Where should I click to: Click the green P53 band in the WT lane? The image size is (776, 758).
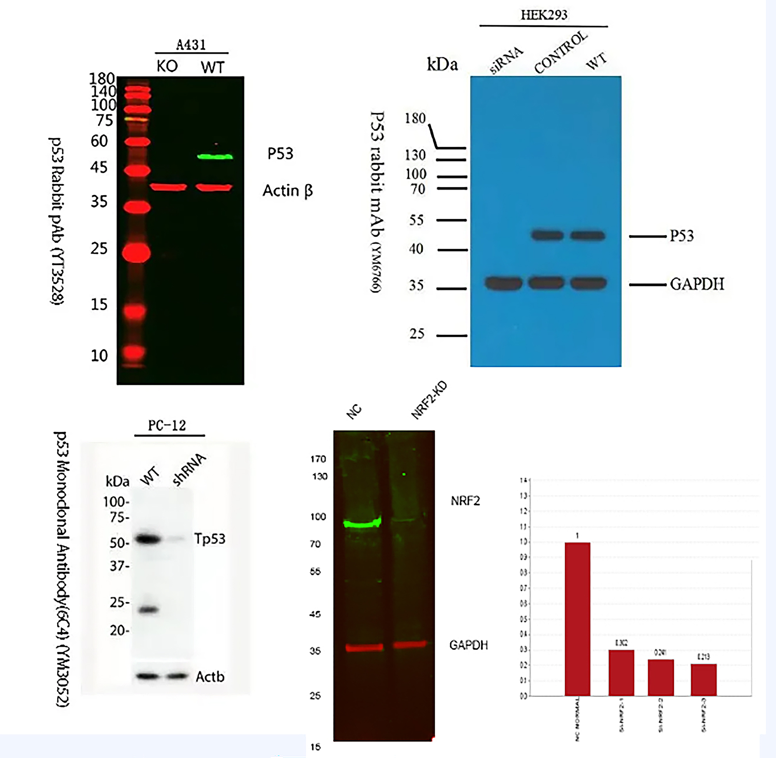[x=215, y=156]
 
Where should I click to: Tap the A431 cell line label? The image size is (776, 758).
[x=191, y=45]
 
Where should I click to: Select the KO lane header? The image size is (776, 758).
[x=167, y=66]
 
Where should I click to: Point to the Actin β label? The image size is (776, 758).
[x=287, y=191]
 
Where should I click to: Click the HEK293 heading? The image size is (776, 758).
[x=544, y=15]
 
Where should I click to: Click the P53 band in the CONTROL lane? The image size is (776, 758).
[x=547, y=235]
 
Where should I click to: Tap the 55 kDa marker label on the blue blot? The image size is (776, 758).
[x=416, y=220]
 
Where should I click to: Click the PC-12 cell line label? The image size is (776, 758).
[x=167, y=426]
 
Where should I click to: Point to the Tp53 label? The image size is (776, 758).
[x=210, y=539]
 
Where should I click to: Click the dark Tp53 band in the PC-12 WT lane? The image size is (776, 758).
[x=148, y=540]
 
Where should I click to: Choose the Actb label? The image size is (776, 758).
[x=210, y=676]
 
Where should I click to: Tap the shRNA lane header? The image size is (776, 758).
[x=189, y=470]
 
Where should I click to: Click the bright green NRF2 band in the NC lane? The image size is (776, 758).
[x=362, y=524]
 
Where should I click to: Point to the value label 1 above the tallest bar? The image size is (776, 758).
[x=577, y=536]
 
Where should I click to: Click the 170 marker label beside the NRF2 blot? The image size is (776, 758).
[x=318, y=459]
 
